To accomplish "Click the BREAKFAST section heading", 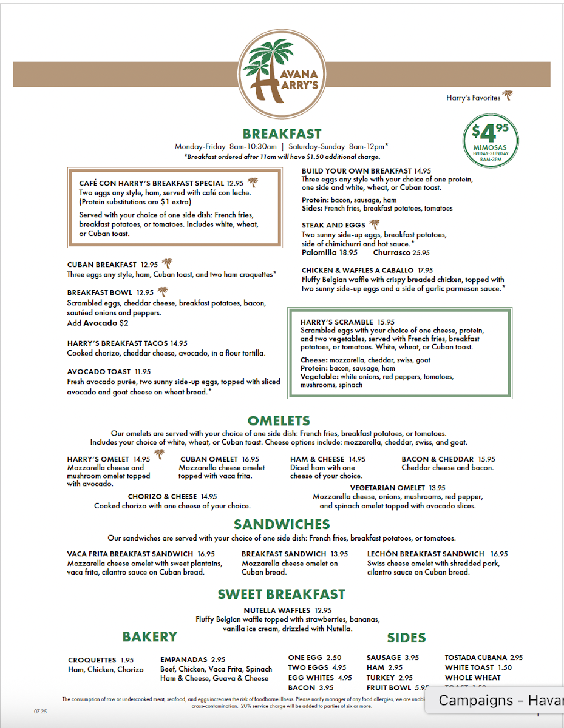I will (282, 134).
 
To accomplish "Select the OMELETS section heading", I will (279, 420).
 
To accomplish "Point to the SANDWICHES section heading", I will (282, 524).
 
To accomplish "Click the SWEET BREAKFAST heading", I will (281, 595).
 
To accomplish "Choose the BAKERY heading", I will (149, 636).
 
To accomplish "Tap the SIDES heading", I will (406, 638).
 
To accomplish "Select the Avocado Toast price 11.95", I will (143, 372).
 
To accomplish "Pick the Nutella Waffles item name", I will (277, 610).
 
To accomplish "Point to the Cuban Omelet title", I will (209, 459).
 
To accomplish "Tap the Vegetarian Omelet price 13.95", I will (437, 488).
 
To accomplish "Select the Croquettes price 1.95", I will (127, 660).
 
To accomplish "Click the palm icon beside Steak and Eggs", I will (375, 224).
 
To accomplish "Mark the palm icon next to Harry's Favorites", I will (508, 96).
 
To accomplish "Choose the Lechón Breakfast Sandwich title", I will (426, 554).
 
